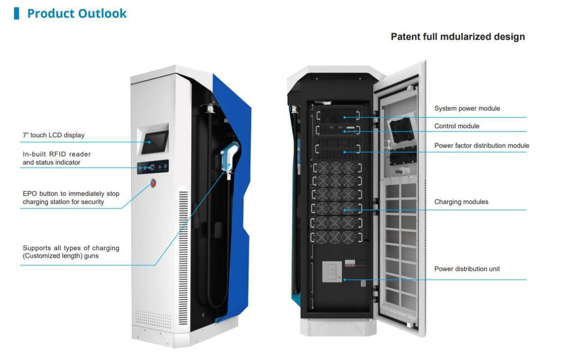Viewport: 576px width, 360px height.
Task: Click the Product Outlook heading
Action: tap(76, 13)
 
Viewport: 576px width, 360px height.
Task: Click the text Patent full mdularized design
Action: tap(458, 36)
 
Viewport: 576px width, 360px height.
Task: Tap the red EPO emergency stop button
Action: tap(153, 183)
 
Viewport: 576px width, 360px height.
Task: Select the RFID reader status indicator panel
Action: tap(153, 167)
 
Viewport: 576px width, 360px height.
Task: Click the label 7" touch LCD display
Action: tap(54, 135)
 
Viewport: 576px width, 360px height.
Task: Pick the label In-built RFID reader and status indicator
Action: tap(57, 158)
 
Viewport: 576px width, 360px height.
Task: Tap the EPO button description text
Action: tap(71, 198)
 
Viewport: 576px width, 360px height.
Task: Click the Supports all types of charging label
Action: tap(71, 252)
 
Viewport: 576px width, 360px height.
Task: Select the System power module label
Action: tap(467, 108)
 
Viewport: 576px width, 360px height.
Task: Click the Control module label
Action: tap(457, 126)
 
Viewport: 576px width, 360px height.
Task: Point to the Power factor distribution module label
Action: tap(481, 145)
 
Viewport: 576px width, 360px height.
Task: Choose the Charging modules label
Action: tap(461, 202)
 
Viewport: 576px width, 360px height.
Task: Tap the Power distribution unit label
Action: tap(467, 269)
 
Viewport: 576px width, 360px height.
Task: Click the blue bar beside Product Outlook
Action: tap(17, 13)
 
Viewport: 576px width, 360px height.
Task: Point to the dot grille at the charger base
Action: tap(153, 319)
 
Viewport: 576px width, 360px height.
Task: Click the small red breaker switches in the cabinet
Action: tap(351, 263)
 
